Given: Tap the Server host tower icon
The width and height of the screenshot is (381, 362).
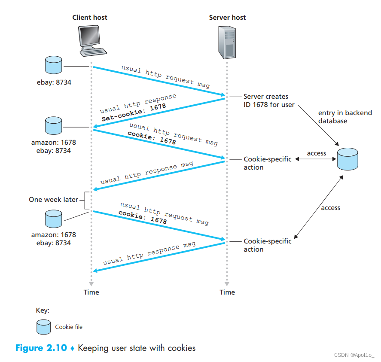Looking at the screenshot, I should point(228,42).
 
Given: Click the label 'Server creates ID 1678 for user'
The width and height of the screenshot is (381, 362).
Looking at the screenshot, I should point(269,100).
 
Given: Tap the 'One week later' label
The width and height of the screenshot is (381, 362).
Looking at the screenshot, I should point(54,200).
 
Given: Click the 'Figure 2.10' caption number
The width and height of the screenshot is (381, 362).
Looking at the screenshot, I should point(41,348).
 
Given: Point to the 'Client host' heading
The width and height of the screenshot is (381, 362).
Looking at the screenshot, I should point(90,18).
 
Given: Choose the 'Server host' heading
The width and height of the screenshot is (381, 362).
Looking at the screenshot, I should point(227,18).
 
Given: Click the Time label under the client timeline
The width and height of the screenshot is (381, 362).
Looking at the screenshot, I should point(91,292).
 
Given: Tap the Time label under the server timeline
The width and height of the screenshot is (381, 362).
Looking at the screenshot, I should point(227,292).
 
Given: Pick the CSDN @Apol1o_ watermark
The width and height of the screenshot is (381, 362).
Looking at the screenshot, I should point(354,355).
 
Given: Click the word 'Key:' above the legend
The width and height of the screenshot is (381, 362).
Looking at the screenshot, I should point(43,310).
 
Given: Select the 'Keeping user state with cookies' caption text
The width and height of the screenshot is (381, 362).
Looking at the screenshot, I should point(137,348).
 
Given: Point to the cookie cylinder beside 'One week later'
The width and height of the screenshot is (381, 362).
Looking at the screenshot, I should point(54,219).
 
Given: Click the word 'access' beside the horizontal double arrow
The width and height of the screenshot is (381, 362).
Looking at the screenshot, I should point(317,153).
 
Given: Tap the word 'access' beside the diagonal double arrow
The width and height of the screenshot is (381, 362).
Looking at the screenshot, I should point(330,208).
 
